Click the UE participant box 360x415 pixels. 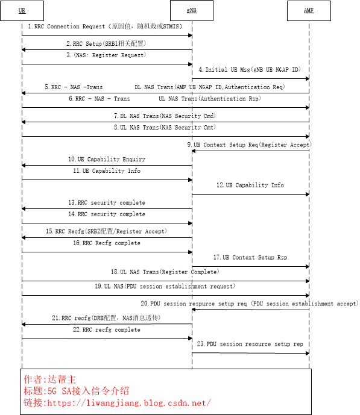pos(22,10)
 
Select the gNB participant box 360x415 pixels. pos(192,10)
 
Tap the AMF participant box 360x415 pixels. pos(309,10)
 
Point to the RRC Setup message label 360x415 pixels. pos(106,43)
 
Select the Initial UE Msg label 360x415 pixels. pos(248,70)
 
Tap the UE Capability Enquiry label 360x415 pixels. pos(106,159)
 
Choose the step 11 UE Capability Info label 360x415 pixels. pos(107,171)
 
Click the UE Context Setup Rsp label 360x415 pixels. pos(250,257)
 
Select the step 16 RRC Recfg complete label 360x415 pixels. pos(106,243)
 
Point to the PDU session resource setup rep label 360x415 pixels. pos(250,344)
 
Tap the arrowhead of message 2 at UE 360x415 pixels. pos(24,49)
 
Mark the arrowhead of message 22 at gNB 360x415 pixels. pos(189,339)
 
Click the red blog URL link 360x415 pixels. pos(117,402)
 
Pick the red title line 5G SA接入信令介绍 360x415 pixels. pos(76,391)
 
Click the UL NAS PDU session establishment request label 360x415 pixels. pos(165,286)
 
